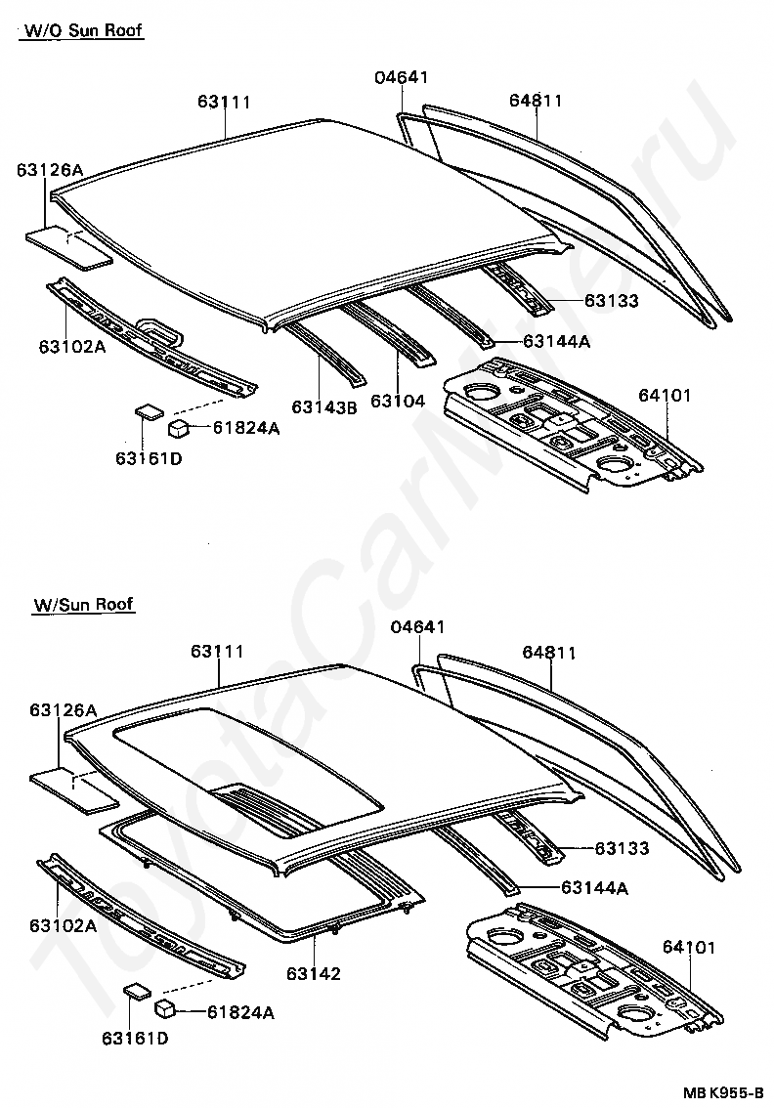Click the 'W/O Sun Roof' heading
pyautogui.click(x=81, y=30)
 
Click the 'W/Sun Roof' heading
pyautogui.click(x=83, y=605)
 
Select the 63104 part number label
pyautogui.click(x=397, y=401)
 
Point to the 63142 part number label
pyautogui.click(x=313, y=973)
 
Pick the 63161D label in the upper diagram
pyautogui.click(x=149, y=458)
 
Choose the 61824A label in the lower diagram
pyautogui.click(x=240, y=1012)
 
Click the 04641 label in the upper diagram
pyautogui.click(x=402, y=78)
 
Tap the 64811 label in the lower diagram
pyautogui.click(x=549, y=653)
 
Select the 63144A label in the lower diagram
pyautogui.click(x=594, y=887)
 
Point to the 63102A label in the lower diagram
pyautogui.click(x=63, y=925)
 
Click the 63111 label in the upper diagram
pyautogui.click(x=225, y=102)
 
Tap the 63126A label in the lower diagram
pyautogui.click(x=63, y=710)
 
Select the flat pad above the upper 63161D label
pyautogui.click(x=149, y=410)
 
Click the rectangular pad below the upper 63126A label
pyautogui.click(x=68, y=247)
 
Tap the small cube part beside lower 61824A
pyautogui.click(x=166, y=1009)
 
